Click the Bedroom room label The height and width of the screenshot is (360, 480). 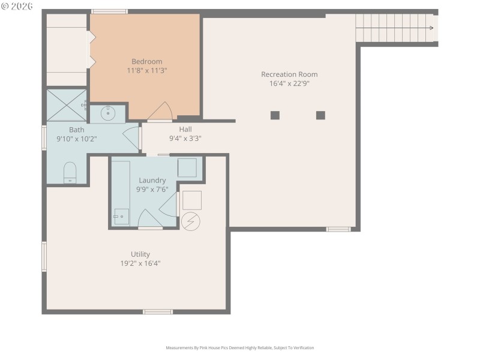(x=147, y=61)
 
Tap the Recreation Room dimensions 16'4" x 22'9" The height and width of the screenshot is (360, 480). (x=289, y=84)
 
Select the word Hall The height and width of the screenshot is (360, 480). (x=185, y=129)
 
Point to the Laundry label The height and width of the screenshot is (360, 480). (x=152, y=180)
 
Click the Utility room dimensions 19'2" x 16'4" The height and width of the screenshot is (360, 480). (x=140, y=263)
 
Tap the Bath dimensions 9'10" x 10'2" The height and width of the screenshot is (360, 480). (x=76, y=139)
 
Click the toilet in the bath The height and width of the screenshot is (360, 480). (x=70, y=172)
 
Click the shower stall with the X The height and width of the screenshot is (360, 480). (x=67, y=104)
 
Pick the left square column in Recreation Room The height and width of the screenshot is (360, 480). (x=275, y=115)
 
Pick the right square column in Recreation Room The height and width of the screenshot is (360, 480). (x=320, y=115)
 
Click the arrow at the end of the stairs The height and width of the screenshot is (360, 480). (x=430, y=27)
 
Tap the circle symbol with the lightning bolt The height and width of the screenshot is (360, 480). (x=191, y=221)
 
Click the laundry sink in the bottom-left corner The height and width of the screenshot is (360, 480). (x=121, y=217)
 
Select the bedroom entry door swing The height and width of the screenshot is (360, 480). (x=161, y=112)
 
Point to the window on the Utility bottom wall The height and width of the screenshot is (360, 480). (x=158, y=311)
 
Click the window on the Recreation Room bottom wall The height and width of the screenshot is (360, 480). (x=338, y=229)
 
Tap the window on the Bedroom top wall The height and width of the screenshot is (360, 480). (x=109, y=11)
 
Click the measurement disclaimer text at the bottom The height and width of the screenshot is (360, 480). (x=239, y=348)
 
